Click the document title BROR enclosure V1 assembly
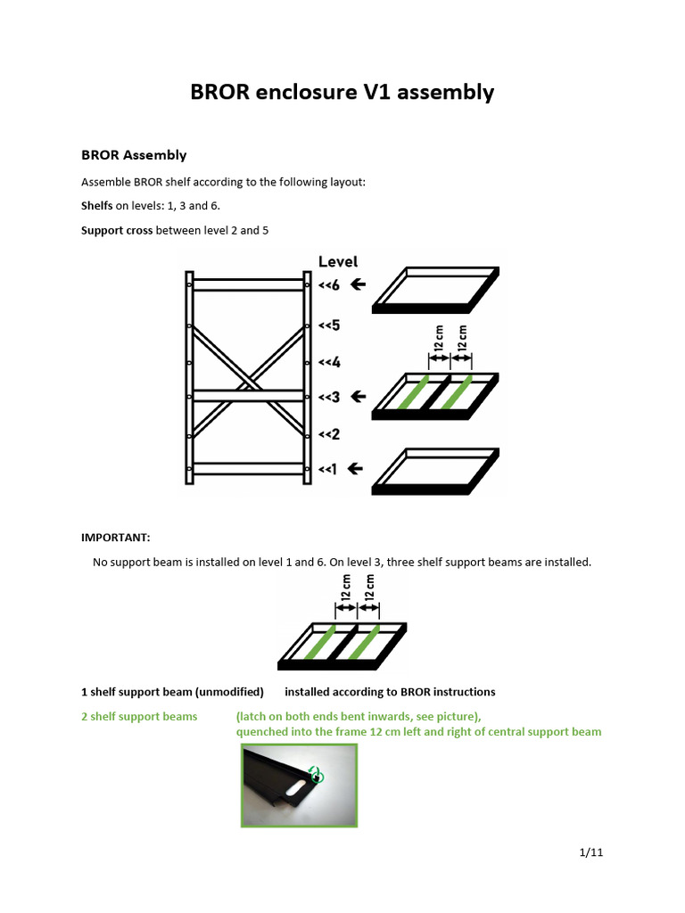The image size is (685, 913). coord(342,92)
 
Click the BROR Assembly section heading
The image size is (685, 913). coord(134,155)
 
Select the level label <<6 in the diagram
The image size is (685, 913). coord(329,285)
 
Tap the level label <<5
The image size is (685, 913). coord(329,325)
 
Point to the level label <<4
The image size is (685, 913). coord(329,363)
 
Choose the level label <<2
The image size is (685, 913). coord(329,434)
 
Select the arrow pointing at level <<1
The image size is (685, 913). coord(355,468)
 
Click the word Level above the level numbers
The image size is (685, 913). coord(338,261)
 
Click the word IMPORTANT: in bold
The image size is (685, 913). coord(116,538)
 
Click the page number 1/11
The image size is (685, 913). coord(591,852)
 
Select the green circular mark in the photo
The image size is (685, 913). coord(315,775)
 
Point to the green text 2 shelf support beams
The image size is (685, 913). coord(139,717)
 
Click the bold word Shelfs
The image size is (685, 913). coord(97,206)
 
